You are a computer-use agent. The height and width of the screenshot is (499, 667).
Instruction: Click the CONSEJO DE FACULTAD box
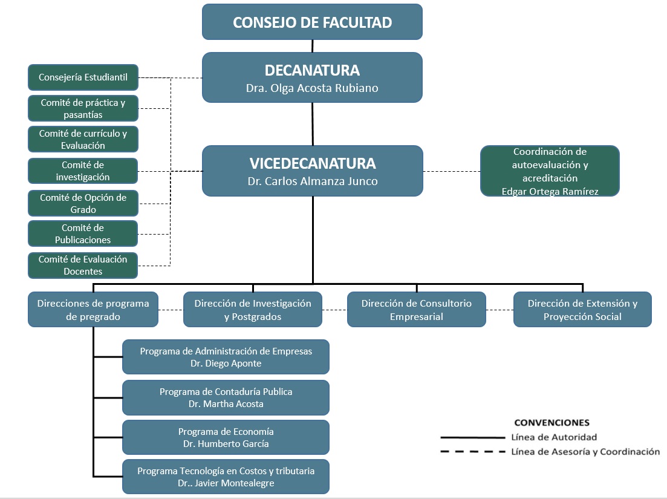tap(312, 22)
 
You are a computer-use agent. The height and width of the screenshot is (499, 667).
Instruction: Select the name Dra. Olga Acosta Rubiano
tap(312, 88)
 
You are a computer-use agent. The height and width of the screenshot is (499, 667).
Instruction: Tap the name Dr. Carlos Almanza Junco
tap(312, 181)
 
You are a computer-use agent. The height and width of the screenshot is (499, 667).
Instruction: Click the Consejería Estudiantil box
tap(83, 77)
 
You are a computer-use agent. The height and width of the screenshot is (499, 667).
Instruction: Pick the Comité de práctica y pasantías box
tap(83, 108)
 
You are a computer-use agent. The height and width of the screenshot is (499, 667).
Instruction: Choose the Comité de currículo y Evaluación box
tap(83, 139)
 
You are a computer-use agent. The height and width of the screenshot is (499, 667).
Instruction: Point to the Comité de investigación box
tap(83, 171)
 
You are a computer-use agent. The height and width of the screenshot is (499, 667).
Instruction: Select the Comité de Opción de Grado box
tap(83, 203)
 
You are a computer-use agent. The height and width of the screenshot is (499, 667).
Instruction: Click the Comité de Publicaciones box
tap(83, 233)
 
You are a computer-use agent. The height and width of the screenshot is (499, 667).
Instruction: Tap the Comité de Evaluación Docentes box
tap(83, 265)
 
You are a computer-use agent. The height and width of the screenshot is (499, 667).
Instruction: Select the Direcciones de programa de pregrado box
tap(93, 310)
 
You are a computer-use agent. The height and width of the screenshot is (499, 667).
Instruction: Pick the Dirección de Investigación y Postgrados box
tap(253, 310)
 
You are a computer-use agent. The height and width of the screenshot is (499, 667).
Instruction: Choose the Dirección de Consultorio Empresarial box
tap(416, 310)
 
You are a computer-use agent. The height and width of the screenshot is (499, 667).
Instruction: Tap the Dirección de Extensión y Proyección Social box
tap(582, 310)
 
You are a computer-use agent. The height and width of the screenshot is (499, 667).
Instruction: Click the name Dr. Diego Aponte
tap(226, 364)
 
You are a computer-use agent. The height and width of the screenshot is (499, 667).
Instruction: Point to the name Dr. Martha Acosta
tap(226, 403)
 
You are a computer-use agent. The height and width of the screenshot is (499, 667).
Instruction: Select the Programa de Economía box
tap(226, 437)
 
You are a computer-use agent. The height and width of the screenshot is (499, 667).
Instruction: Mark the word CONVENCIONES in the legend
tap(551, 422)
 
